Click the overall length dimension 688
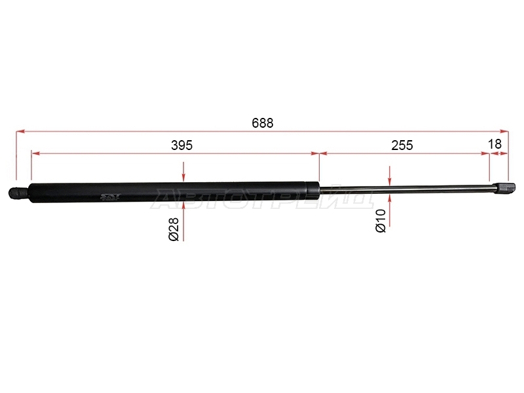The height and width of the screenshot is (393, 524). (x=263, y=123)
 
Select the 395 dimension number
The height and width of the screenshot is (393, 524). (x=182, y=145)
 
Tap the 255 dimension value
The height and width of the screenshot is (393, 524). (x=402, y=145)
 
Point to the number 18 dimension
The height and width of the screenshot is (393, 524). (x=495, y=144)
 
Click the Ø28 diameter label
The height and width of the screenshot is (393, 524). (x=174, y=229)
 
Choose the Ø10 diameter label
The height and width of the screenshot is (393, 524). (x=381, y=221)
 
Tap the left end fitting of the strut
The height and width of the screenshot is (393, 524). (x=18, y=193)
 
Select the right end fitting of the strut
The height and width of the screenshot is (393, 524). (x=503, y=188)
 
